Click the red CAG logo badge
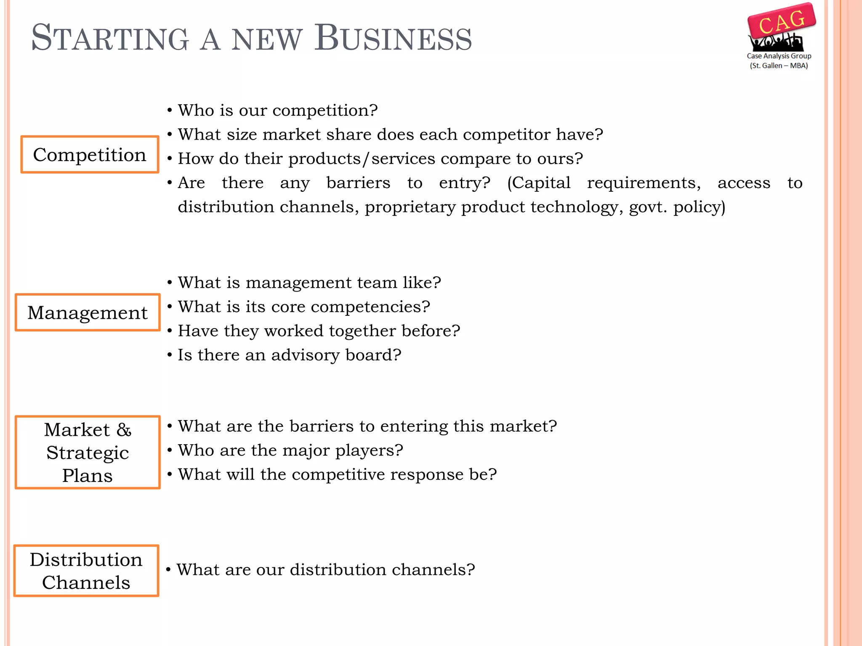tap(782, 21)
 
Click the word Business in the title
tap(394, 38)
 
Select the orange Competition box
tap(90, 154)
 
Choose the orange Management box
tap(88, 312)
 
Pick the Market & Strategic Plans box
tap(88, 452)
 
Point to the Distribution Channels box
tap(86, 571)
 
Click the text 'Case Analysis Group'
tap(779, 56)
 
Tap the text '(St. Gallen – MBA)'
tap(779, 66)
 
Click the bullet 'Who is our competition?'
tap(278, 110)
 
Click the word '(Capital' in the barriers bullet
tap(539, 183)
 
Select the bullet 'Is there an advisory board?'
tap(290, 355)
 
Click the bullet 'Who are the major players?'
tap(290, 450)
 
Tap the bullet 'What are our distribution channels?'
tap(326, 570)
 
